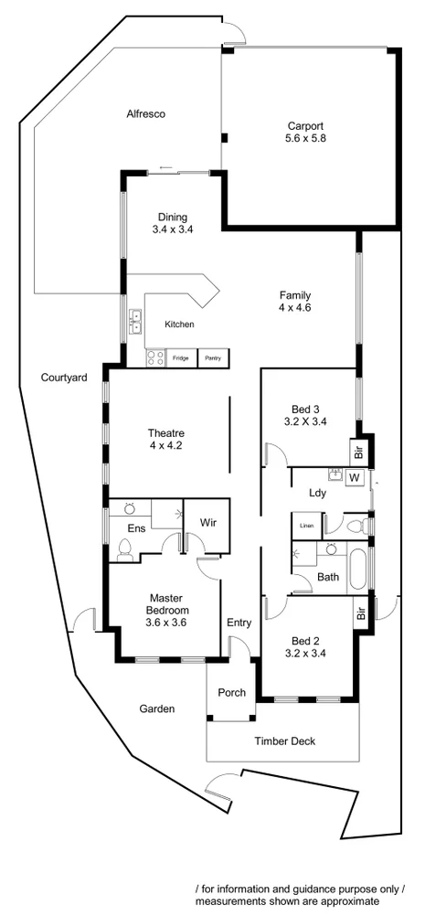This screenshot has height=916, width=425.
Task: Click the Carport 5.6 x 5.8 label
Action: click(x=306, y=133)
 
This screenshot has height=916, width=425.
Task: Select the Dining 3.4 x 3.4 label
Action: click(x=172, y=223)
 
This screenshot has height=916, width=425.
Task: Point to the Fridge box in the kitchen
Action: click(x=180, y=358)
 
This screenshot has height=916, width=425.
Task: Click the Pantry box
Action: click(x=213, y=358)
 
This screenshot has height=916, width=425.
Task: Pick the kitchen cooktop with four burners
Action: click(x=154, y=358)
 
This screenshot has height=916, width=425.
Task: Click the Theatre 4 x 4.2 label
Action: click(x=166, y=439)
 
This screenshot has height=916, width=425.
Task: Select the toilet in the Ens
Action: click(x=126, y=549)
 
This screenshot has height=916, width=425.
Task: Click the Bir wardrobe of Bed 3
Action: click(x=359, y=452)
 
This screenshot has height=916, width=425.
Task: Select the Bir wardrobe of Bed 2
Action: click(x=361, y=613)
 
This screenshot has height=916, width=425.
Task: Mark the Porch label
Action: click(x=231, y=692)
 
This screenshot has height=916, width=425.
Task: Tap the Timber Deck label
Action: click(x=284, y=740)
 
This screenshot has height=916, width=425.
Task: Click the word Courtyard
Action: click(x=64, y=377)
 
